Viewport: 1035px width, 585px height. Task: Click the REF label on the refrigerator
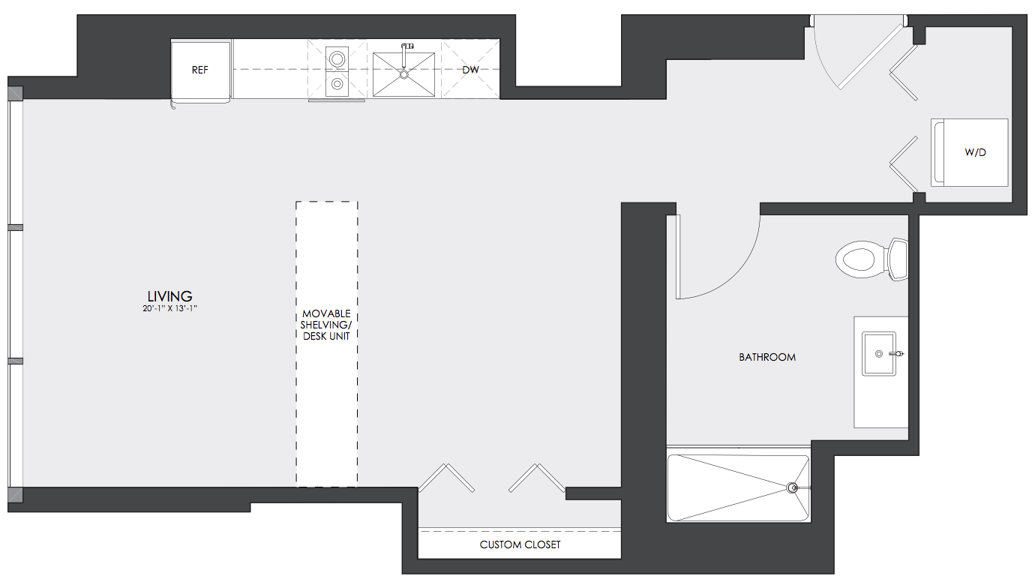(199, 70)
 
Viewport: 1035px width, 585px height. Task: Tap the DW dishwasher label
(470, 70)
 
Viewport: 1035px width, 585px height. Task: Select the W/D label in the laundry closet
(976, 152)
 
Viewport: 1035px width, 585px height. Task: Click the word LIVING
(169, 296)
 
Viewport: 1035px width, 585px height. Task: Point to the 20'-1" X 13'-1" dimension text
(170, 309)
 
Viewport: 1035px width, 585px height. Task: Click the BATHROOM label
(767, 357)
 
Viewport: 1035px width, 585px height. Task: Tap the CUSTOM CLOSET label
(520, 544)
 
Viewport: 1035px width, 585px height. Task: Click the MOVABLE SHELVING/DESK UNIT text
(326, 325)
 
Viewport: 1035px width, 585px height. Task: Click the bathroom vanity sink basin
(879, 353)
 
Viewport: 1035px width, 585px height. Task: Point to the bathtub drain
(792, 487)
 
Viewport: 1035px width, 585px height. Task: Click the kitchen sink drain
(403, 74)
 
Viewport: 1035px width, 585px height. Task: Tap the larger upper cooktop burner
(337, 59)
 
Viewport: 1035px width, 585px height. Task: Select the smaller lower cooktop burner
(337, 84)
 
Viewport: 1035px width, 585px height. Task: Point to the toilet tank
(898, 259)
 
